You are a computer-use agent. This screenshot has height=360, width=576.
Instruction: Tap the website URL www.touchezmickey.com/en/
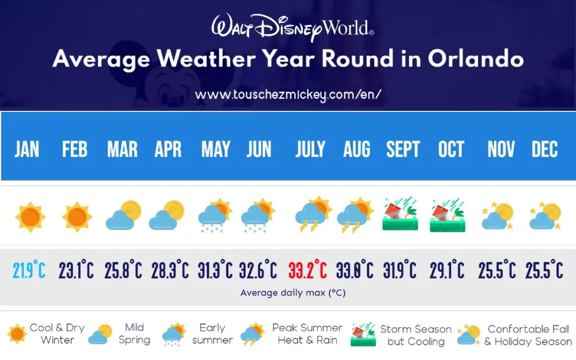tap(288, 94)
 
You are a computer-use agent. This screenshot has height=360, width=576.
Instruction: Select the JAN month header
tap(27, 150)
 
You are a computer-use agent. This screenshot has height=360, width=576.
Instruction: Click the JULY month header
tap(310, 150)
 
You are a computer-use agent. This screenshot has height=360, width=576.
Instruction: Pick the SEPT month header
tap(403, 150)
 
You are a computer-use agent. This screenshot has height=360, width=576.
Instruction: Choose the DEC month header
tap(544, 150)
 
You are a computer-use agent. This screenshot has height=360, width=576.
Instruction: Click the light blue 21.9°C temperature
tap(29, 271)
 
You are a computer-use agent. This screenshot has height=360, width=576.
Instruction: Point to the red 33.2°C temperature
tap(308, 271)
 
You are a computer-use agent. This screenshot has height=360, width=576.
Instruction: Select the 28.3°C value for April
tap(170, 271)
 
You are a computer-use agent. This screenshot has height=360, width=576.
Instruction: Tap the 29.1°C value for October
tap(447, 271)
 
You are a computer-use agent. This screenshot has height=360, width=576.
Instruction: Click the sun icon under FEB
tap(76, 217)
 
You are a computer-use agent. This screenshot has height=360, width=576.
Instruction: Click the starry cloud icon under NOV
tap(497, 216)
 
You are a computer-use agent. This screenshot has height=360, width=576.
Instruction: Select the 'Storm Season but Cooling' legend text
tap(416, 335)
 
